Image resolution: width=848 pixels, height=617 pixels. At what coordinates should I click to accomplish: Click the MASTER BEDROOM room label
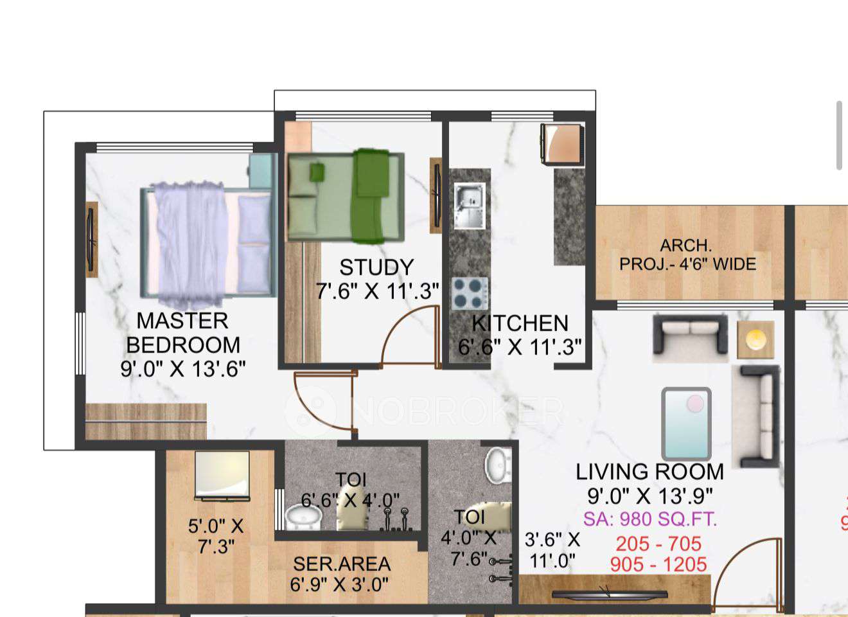coord(183,332)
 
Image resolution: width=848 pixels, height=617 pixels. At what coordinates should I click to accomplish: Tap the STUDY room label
coord(376,267)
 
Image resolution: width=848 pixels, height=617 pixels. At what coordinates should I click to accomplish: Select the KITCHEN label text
coord(520,323)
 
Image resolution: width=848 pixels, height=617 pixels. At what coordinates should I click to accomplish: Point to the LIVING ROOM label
coord(649,472)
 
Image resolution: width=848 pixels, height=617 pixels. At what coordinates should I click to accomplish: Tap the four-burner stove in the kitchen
coord(469,294)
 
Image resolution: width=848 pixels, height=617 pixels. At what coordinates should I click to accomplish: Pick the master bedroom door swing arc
coord(321,402)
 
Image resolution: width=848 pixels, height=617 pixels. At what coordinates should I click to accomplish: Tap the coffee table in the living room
coord(686,422)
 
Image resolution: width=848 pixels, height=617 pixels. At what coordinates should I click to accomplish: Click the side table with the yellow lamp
coord(755,339)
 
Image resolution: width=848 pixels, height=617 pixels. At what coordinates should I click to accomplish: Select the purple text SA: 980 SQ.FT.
coord(649,519)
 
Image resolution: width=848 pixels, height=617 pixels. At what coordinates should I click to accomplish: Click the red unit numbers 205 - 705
coord(658,544)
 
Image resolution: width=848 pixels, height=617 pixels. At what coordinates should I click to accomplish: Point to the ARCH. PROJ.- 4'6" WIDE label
coord(687,255)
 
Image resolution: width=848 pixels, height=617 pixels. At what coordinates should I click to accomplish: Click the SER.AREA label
coord(342,564)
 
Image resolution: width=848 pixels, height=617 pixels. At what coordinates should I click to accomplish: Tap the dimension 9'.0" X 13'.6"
coord(183,369)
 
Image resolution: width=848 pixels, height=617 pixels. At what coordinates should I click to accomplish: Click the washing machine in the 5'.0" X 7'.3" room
coord(222,476)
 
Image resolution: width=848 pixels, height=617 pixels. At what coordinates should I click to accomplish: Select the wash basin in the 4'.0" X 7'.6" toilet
coord(499,464)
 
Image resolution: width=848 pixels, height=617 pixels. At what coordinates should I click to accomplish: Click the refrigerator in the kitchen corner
coord(563,144)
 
